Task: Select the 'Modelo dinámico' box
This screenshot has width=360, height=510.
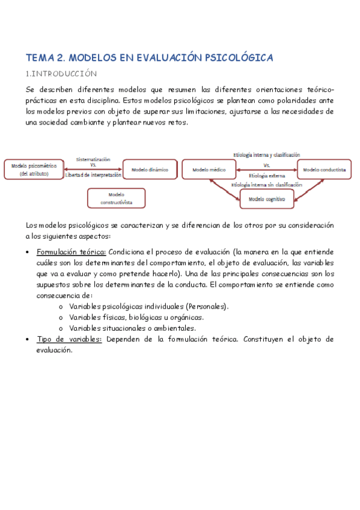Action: click(150, 170)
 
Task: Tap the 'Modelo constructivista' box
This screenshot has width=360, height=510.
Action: click(116, 198)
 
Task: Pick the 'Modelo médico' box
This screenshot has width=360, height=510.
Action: click(209, 170)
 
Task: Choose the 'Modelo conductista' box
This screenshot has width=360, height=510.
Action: click(324, 170)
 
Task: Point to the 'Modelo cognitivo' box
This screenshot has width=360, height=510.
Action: click(267, 198)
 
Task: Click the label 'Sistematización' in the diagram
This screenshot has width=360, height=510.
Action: click(93, 159)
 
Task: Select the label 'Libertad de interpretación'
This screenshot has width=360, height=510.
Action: click(93, 175)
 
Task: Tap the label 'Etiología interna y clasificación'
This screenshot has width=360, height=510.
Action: click(266, 155)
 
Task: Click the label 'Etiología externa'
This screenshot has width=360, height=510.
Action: click(266, 175)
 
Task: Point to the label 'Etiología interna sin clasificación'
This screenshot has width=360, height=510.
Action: click(266, 185)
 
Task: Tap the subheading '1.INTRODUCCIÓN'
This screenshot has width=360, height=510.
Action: click(61, 74)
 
